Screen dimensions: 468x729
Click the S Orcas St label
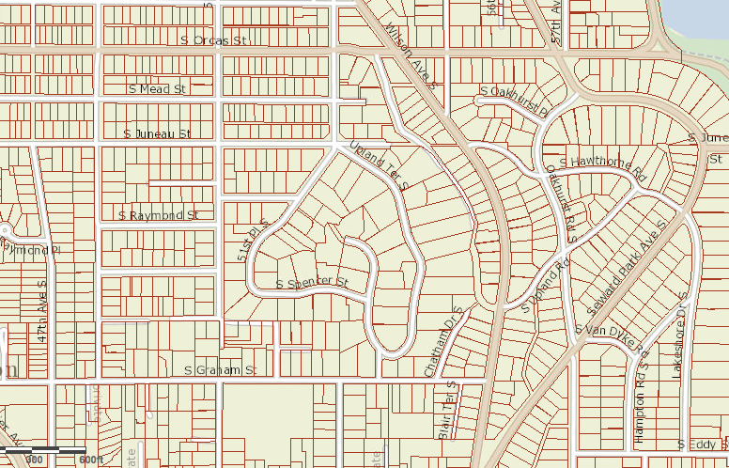point(212,40)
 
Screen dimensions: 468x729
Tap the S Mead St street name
point(157,88)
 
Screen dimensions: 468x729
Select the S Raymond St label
point(159,215)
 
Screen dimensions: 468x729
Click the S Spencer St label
point(313,283)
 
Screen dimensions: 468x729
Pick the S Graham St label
point(220,371)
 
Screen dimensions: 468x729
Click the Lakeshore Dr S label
point(678,333)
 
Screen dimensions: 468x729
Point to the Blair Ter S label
point(446,409)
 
